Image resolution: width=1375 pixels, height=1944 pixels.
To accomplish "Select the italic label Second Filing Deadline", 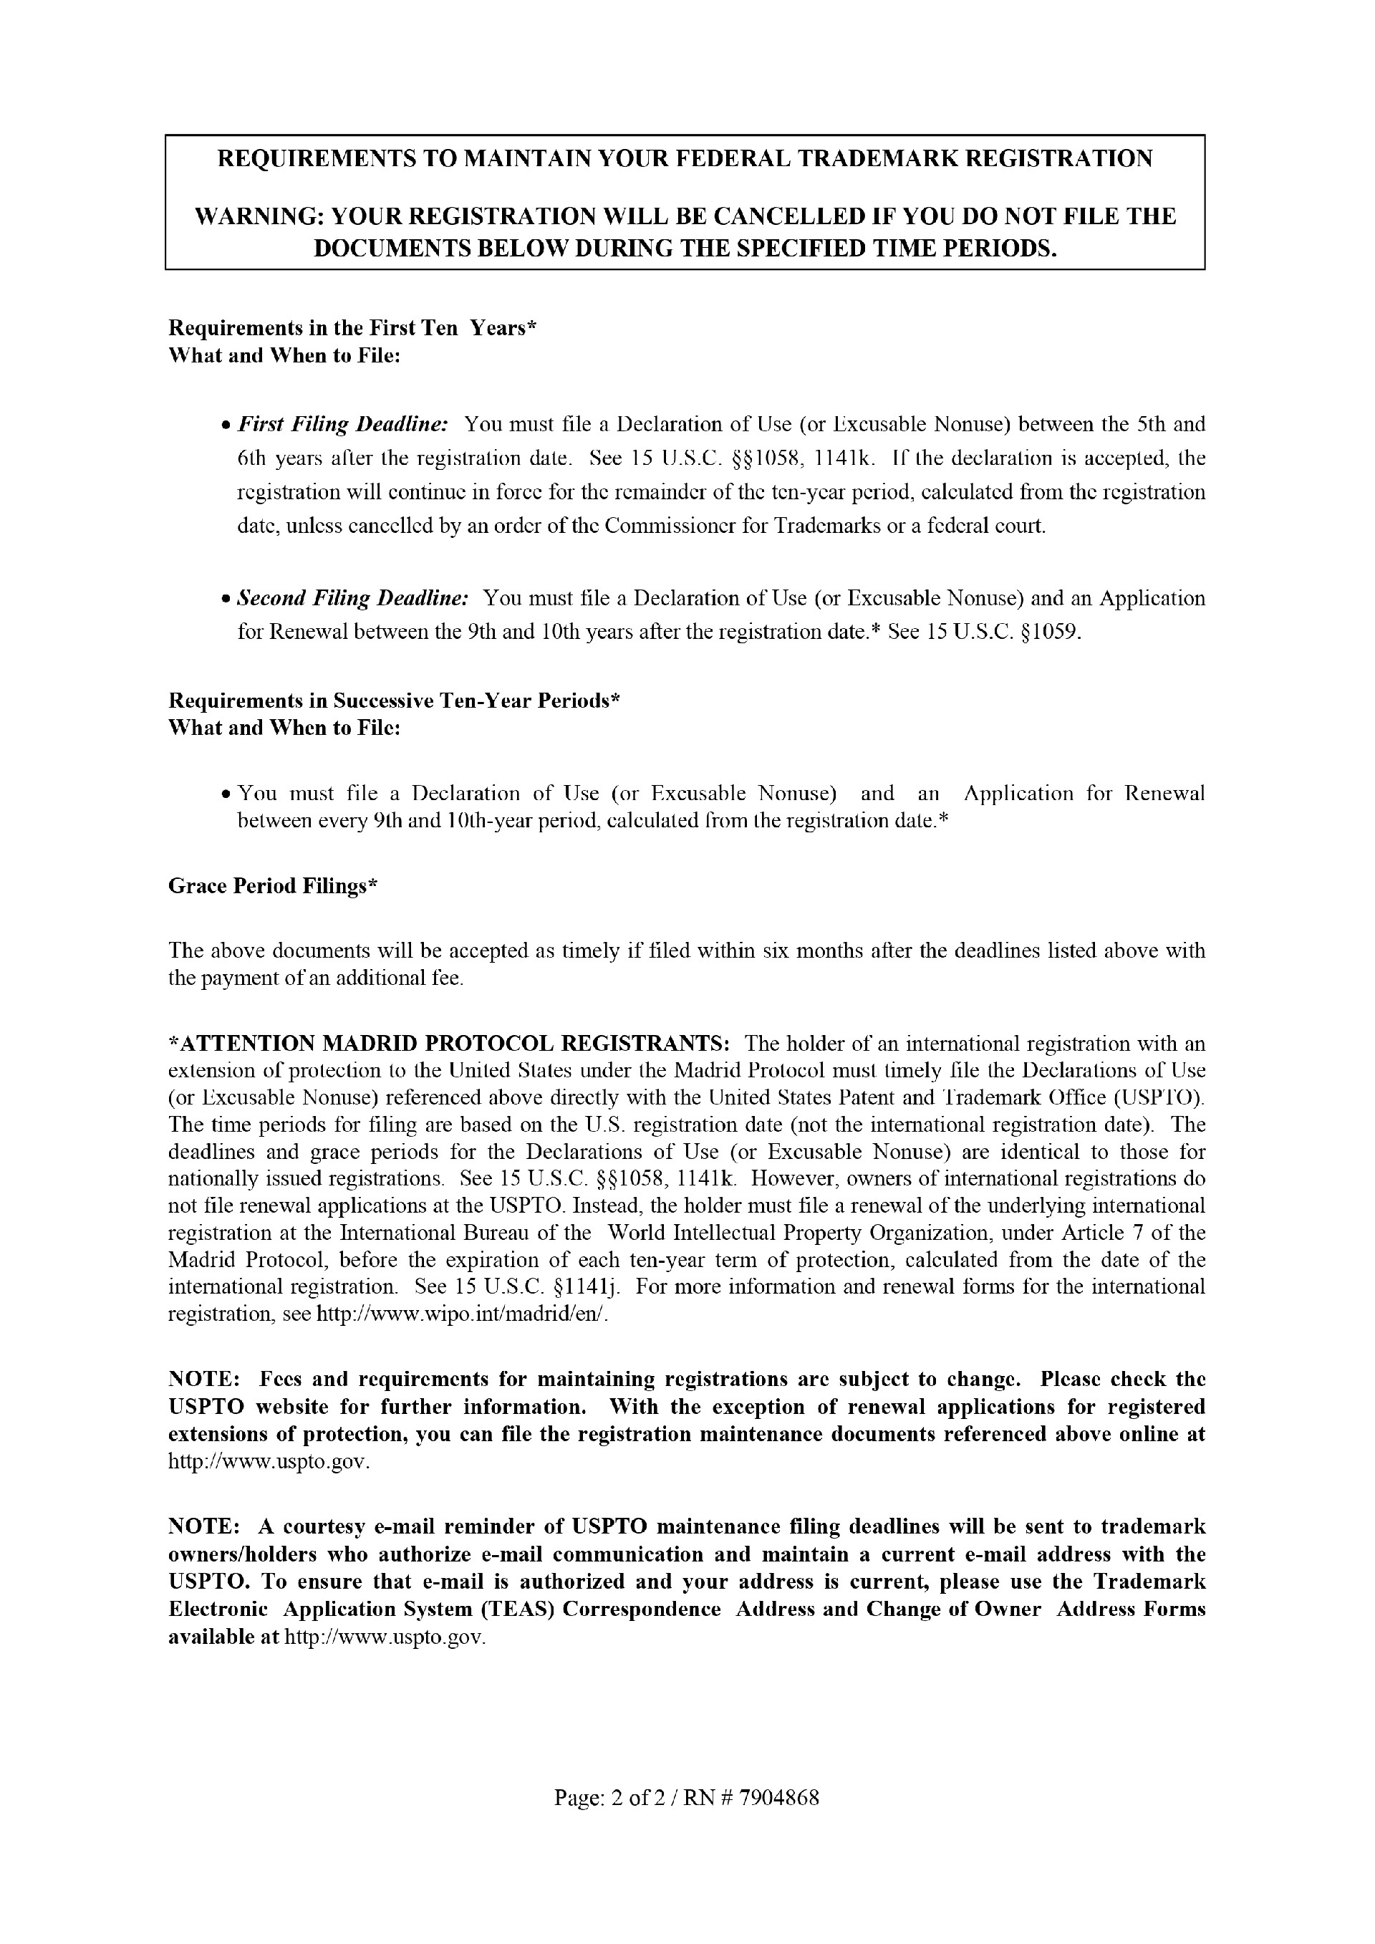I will click(x=352, y=599).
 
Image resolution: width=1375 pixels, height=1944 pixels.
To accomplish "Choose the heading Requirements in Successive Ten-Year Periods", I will click(x=395, y=701).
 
